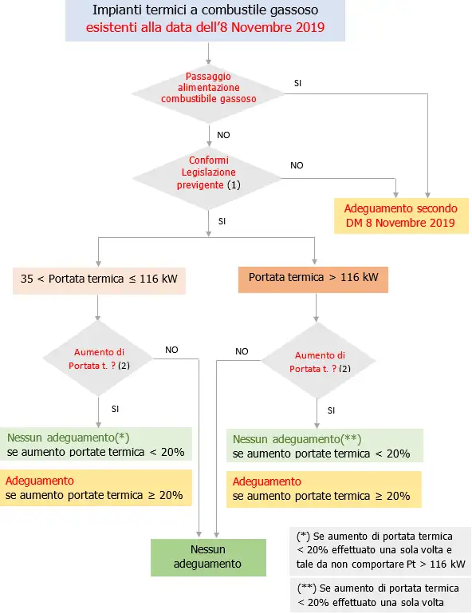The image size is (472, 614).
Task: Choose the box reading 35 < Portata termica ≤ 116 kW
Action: click(99, 279)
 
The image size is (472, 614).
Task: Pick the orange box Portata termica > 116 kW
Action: click(313, 279)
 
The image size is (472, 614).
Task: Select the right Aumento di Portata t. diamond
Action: click(319, 362)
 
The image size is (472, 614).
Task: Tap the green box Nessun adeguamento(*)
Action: click(96, 445)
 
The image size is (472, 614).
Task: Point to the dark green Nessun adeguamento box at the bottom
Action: click(208, 557)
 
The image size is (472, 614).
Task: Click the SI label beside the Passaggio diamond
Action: click(297, 83)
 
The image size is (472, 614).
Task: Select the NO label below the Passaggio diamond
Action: click(223, 135)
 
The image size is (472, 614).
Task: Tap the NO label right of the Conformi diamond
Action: click(297, 165)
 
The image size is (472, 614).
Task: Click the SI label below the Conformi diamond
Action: click(222, 221)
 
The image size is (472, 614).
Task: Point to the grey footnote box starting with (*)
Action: click(379, 550)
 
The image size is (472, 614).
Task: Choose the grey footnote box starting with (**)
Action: click(379, 594)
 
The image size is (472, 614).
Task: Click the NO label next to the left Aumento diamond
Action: click(171, 350)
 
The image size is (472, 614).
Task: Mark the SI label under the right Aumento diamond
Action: click(332, 410)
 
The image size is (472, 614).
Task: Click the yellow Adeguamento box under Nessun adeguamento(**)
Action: click(324, 489)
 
